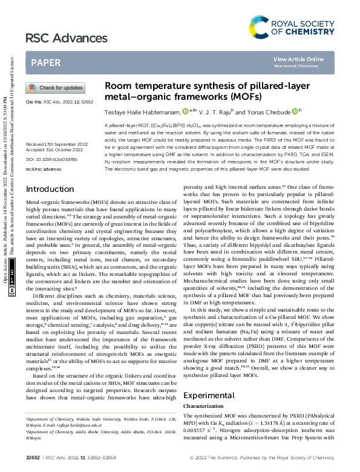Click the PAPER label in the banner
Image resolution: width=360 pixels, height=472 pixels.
[x=45, y=62]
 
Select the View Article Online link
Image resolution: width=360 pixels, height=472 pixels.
[x=298, y=59]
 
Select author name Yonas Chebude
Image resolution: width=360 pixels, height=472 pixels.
[x=255, y=111]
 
